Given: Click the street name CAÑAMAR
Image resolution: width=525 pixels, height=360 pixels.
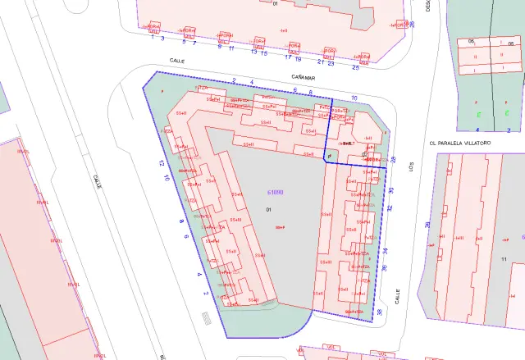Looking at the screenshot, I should (x=304, y=75).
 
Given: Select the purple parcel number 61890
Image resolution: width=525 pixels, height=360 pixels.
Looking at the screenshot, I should (x=276, y=192).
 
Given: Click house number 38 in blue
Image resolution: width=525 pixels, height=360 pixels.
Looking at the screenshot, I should (x=380, y=312).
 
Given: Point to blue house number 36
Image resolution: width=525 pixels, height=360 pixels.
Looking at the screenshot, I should (x=384, y=269).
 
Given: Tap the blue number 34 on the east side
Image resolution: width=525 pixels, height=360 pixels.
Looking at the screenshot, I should (x=386, y=251).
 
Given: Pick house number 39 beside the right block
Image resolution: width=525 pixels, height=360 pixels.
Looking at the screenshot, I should (x=427, y=225).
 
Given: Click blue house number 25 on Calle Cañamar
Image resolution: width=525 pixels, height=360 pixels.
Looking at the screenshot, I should (x=355, y=67).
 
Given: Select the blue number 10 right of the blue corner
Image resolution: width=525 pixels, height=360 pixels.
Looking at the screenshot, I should (x=354, y=98).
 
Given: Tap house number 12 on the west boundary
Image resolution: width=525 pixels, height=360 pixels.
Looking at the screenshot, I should (x=162, y=164).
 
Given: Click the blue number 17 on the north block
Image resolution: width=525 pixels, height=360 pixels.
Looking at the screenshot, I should (x=288, y=57).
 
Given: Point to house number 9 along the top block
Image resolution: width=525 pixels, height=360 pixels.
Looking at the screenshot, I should (x=219, y=47).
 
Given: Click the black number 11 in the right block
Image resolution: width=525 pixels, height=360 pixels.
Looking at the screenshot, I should (x=504, y=259).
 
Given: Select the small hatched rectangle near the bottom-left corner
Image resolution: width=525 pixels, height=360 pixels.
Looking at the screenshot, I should (x=205, y=317).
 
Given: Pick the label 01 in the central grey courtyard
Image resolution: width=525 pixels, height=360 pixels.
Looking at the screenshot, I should (x=268, y=211).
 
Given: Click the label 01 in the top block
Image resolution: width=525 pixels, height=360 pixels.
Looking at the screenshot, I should (x=276, y=4).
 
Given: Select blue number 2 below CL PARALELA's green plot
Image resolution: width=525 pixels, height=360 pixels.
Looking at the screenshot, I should (x=488, y=130).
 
